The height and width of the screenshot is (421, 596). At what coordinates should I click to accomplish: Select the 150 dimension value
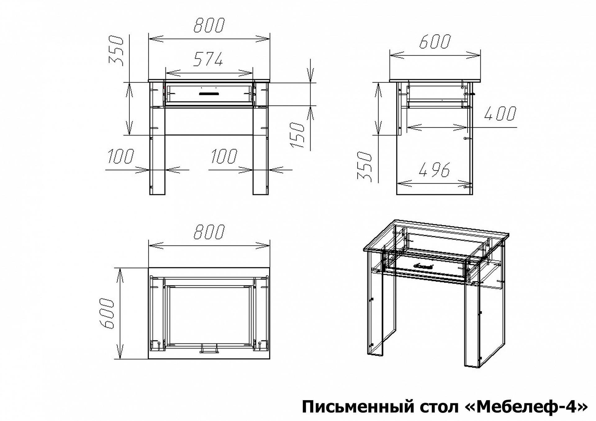(297, 135)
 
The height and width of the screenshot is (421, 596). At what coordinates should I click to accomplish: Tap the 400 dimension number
(500, 113)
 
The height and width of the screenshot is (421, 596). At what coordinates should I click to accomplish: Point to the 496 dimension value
(434, 170)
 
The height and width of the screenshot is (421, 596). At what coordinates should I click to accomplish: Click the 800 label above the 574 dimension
(209, 25)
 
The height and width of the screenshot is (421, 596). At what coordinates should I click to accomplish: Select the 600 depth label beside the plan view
(107, 314)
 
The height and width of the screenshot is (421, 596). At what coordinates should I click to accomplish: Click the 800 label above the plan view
(209, 231)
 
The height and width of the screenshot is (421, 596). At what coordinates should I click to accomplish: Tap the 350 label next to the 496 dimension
(364, 166)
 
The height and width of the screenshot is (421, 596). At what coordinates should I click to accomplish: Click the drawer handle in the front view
(209, 93)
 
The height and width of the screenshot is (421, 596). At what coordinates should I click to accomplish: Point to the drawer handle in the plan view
(209, 350)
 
